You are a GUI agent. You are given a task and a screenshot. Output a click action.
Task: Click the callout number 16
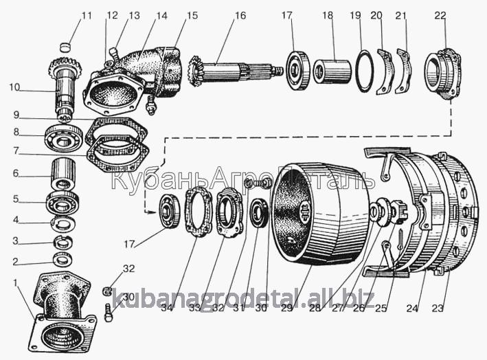pyautogui.click(x=240, y=15)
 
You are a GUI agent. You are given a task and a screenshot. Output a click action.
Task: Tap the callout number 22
pyautogui.click(x=440, y=15)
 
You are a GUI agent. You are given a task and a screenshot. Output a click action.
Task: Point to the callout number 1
pyautogui.click(x=15, y=282)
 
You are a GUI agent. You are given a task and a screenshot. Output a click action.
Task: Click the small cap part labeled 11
pyautogui.click(x=65, y=47)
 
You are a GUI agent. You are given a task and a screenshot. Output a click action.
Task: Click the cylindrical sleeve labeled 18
pyautogui.click(x=332, y=71)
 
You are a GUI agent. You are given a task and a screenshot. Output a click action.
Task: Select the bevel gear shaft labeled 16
pyautogui.click(x=236, y=72)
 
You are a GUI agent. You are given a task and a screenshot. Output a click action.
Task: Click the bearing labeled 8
pyautogui.click(x=64, y=138)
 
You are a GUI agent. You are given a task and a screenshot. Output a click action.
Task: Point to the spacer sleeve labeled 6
pyautogui.click(x=64, y=175)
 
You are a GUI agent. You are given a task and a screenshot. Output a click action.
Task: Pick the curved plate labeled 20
pyautogui.click(x=385, y=71)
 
